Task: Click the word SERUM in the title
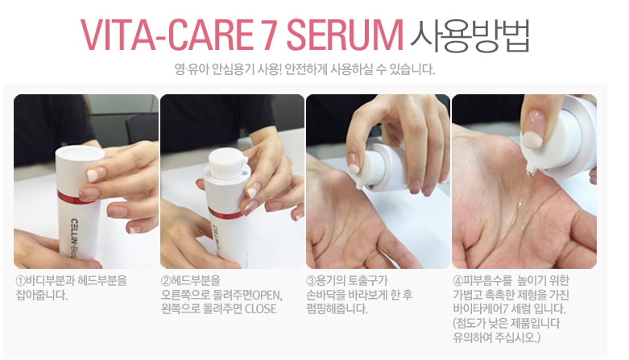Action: (x=345, y=35)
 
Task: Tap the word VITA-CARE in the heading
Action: (x=167, y=35)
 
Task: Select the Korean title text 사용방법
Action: (x=470, y=35)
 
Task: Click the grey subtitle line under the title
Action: (x=304, y=69)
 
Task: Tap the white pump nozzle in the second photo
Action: (x=226, y=163)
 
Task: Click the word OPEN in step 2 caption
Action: (x=267, y=295)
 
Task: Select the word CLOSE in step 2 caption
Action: (x=260, y=309)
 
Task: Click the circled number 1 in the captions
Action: (x=20, y=280)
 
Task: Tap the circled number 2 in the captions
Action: (x=166, y=280)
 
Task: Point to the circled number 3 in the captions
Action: (x=312, y=280)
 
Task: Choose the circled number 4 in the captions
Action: (x=457, y=280)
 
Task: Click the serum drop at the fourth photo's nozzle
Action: (x=531, y=172)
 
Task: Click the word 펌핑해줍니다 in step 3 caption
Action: (x=337, y=309)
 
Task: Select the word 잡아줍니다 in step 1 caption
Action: (x=41, y=295)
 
